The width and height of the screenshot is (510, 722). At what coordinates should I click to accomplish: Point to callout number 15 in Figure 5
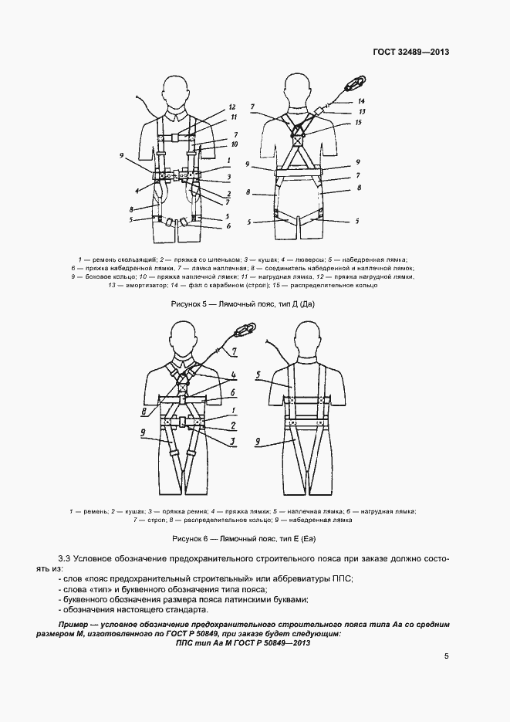point(358,123)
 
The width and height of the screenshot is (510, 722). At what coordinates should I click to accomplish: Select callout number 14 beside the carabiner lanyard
point(360,102)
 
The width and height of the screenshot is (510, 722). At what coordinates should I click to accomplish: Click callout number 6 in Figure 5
point(228,226)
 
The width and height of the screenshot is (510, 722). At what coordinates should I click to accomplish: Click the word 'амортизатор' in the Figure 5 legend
point(133,286)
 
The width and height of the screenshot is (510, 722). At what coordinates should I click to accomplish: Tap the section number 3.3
point(65,558)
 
